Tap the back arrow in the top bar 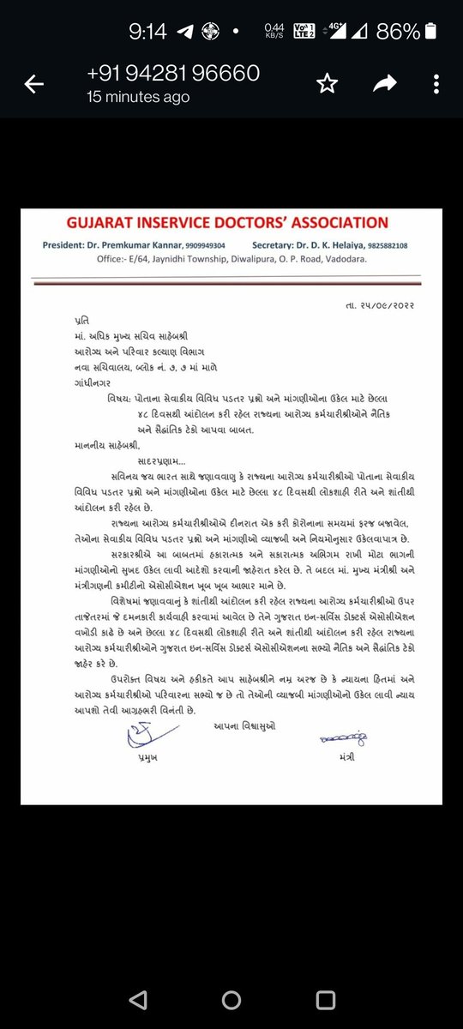coord(34,83)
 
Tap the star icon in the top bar coord(326,83)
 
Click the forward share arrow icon coord(383,83)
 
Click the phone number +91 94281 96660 coord(173,74)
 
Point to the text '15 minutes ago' coord(138,97)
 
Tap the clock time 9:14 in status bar coord(147,32)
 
